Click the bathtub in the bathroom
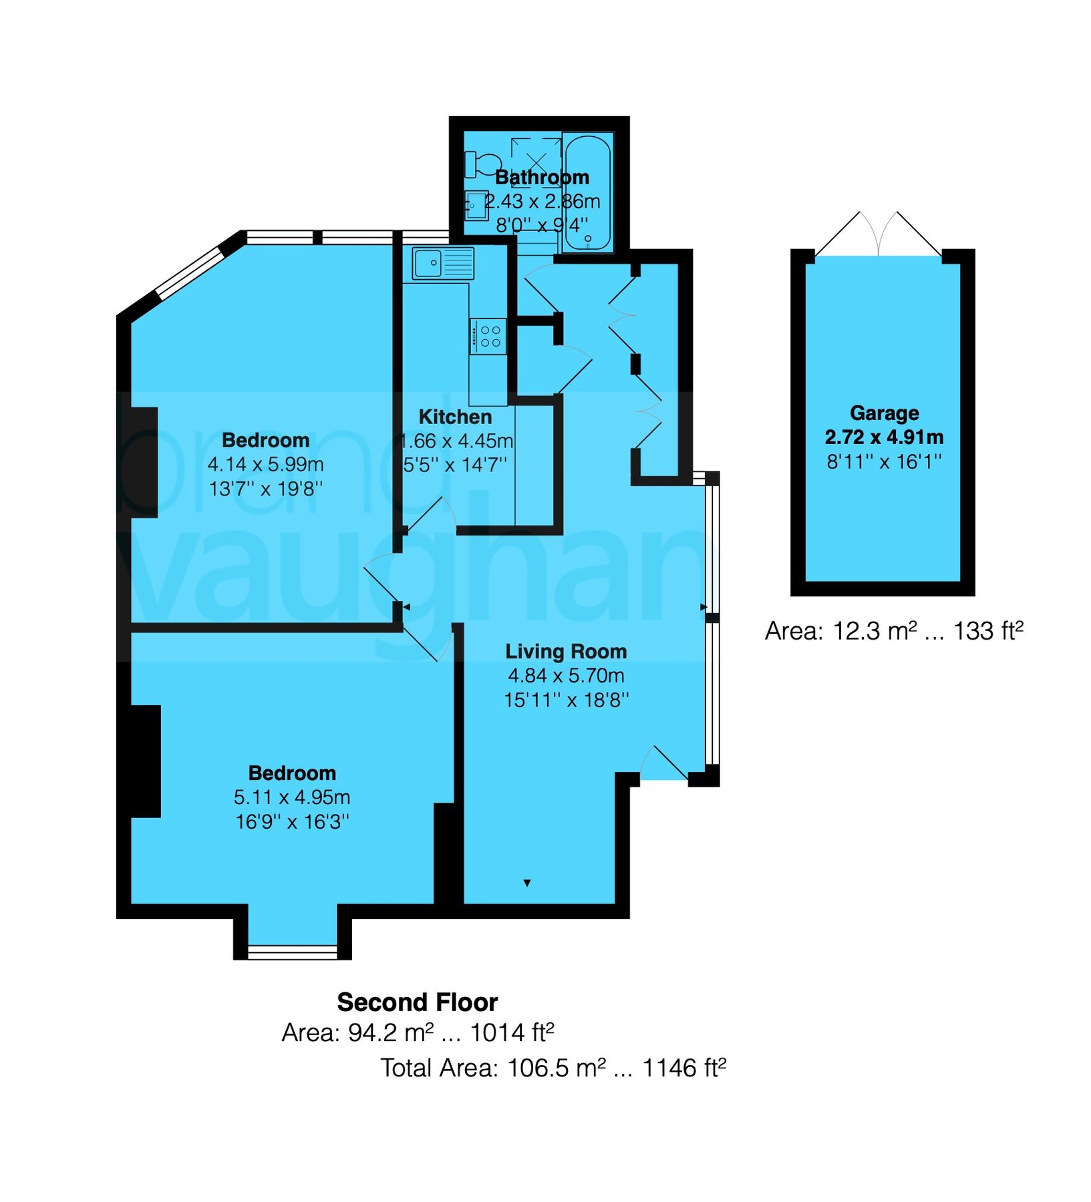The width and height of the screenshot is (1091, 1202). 587,194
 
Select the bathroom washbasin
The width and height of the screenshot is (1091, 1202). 476,205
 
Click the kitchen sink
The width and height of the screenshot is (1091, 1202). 442,263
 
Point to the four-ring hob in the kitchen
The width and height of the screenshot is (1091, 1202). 488,336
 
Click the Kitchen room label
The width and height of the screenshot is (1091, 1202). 455,417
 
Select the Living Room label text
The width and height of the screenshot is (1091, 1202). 565,651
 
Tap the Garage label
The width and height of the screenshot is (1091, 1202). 884,413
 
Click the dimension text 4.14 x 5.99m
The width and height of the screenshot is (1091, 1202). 265,464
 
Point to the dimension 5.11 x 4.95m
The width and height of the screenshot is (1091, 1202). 292,797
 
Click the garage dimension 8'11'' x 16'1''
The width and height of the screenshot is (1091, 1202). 884,461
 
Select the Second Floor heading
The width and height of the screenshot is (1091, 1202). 417,1002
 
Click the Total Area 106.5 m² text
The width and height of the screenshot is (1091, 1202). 553,1068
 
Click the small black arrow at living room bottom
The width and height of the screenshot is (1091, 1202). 527,883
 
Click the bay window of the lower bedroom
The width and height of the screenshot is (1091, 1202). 293,951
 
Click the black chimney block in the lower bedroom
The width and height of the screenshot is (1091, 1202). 144,761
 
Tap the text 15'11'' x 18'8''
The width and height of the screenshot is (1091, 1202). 566,700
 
